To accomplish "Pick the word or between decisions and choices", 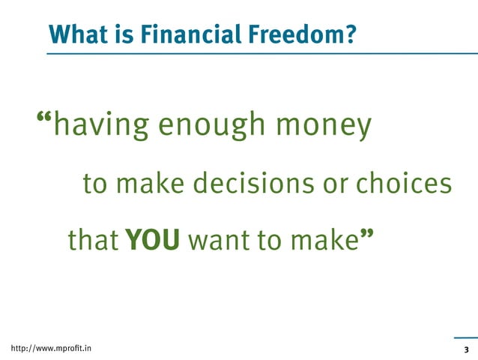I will (x=336, y=184).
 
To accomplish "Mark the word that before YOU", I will (x=93, y=241).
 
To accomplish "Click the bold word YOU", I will (x=153, y=241).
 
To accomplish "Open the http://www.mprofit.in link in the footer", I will (x=46, y=349).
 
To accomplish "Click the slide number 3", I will (x=466, y=350).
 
